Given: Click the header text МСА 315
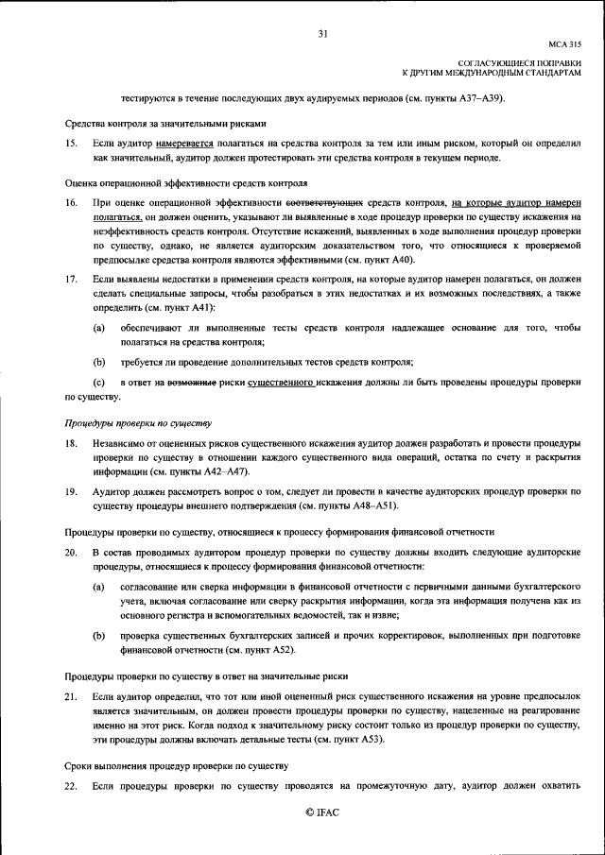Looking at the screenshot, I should click(x=565, y=43).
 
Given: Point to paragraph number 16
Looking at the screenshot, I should click(x=71, y=203).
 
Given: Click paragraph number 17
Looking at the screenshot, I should click(x=71, y=281).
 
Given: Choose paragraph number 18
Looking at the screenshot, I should click(x=71, y=443).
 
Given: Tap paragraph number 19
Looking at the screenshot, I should click(x=71, y=491).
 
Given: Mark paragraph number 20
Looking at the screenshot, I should click(x=71, y=552).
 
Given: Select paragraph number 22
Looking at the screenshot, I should click(x=71, y=786).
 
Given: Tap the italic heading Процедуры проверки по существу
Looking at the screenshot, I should click(x=138, y=424).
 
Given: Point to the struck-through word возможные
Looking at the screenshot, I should click(x=193, y=384).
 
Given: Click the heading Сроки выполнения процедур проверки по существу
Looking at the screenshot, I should click(x=176, y=767).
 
